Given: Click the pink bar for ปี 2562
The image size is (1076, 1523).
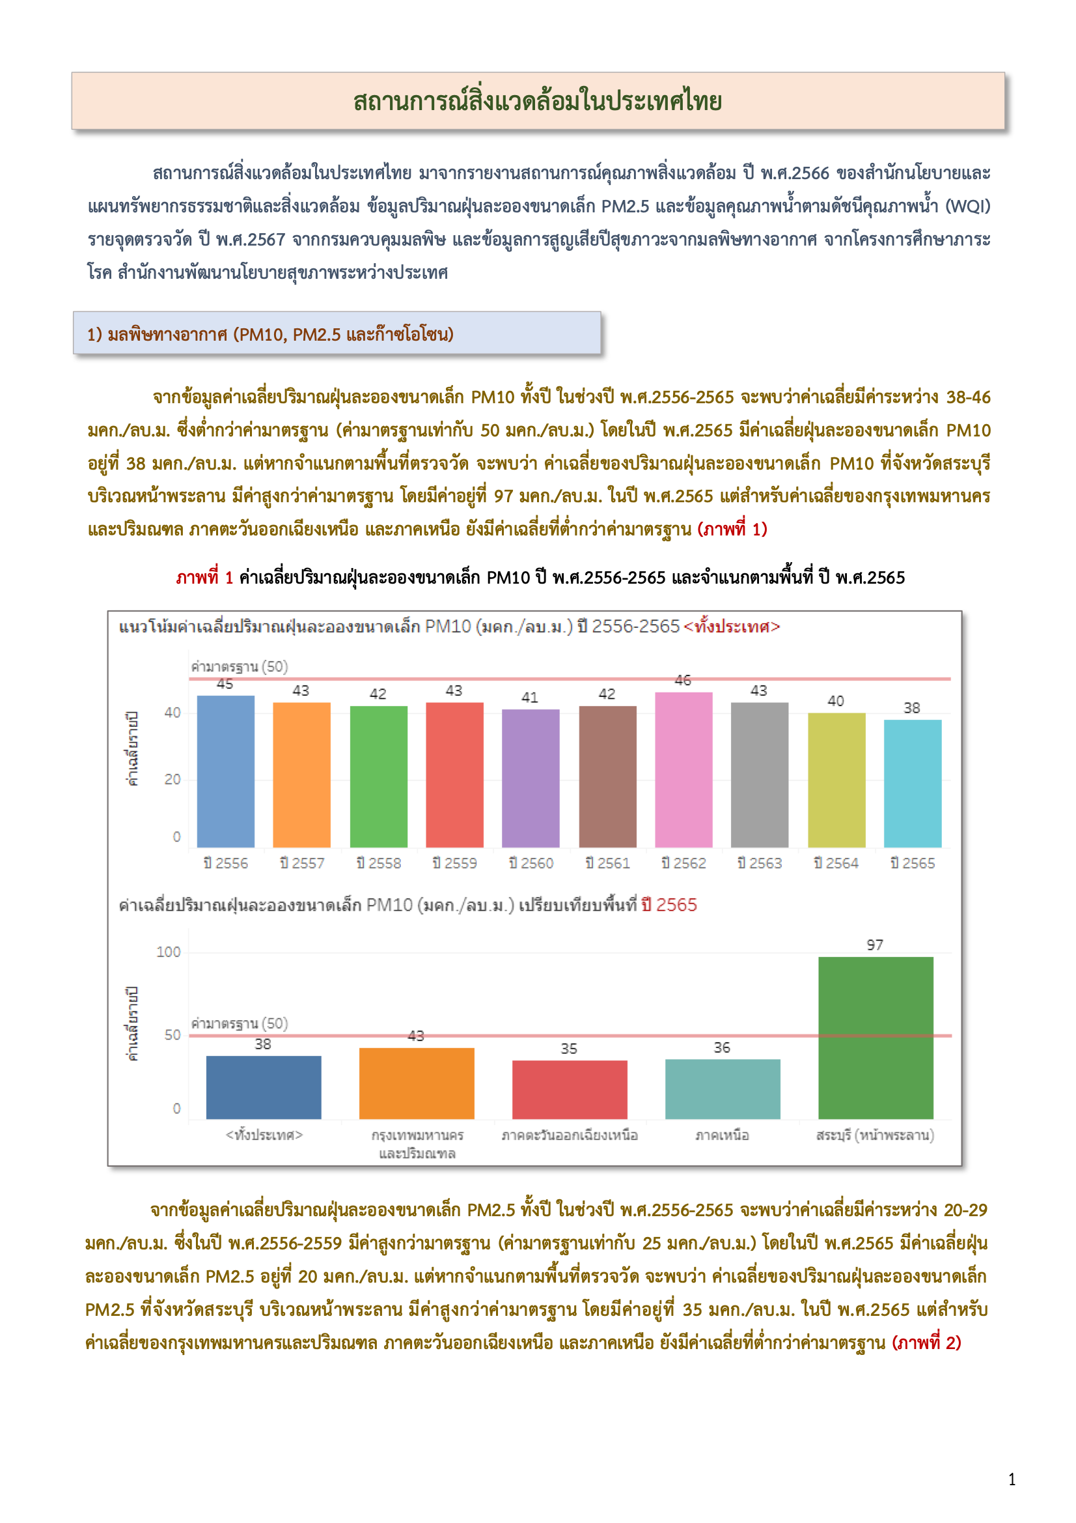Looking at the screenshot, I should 683,769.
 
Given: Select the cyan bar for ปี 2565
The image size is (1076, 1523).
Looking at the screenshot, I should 912,784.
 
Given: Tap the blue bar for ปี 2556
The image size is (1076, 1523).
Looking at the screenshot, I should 225,771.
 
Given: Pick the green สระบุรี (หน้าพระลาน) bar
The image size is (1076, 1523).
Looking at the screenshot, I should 875,1038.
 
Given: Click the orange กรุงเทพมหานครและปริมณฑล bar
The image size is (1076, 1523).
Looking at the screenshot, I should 417,1083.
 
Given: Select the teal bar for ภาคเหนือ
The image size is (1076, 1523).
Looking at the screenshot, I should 722,1089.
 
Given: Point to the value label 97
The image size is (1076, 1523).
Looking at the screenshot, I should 874,945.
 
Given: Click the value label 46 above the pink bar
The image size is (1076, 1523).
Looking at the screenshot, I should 683,681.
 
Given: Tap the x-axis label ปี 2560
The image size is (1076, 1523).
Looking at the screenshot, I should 531,863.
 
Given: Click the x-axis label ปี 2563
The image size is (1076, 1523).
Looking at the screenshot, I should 760,863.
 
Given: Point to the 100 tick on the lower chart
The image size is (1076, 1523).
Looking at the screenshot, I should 169,952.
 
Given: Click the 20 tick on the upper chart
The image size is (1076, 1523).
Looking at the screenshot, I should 172,779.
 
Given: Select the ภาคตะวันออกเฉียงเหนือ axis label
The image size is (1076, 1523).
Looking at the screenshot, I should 570,1135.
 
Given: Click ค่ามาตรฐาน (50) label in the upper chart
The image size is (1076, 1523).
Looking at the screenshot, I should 240,666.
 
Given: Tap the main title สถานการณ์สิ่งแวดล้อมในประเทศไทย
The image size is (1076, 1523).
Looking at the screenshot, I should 537,102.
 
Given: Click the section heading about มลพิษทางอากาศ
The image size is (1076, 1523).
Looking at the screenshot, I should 271,334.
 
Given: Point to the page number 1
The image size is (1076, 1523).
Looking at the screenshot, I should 1012,1480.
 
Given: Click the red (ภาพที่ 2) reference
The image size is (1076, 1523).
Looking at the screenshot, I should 927,1343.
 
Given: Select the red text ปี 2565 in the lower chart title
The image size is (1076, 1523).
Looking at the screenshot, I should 669,905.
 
